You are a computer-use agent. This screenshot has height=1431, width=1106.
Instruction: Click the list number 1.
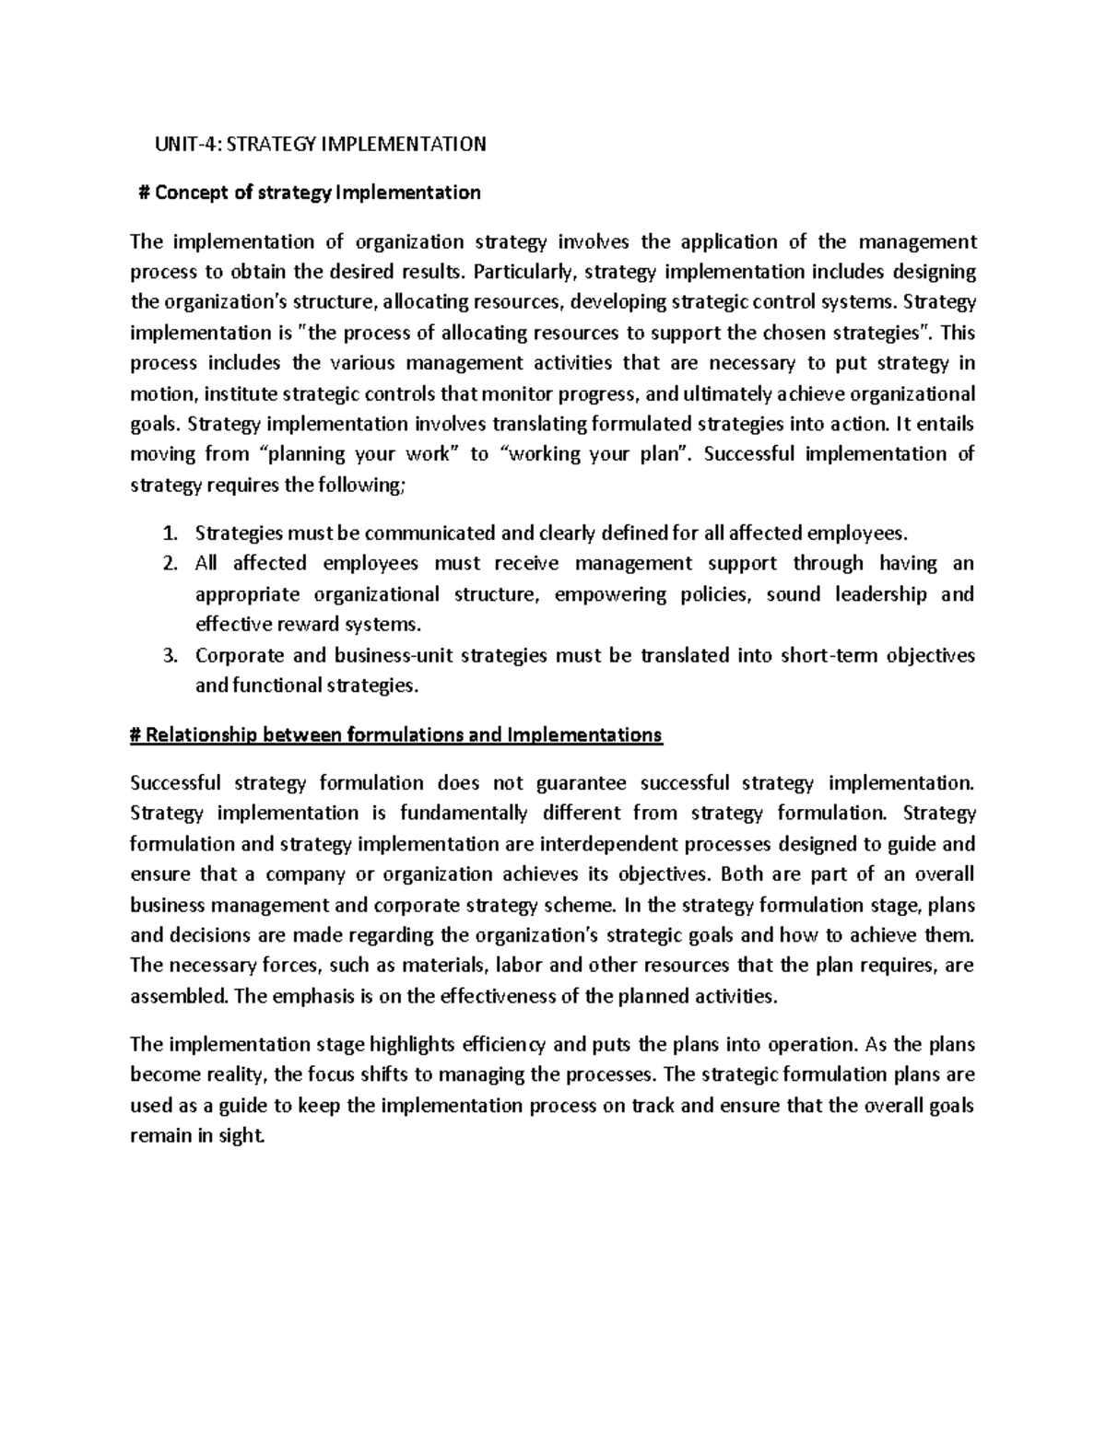[x=167, y=534]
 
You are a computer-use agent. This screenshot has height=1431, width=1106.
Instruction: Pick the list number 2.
[x=167, y=564]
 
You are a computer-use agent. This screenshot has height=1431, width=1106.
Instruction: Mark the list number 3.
[x=167, y=656]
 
